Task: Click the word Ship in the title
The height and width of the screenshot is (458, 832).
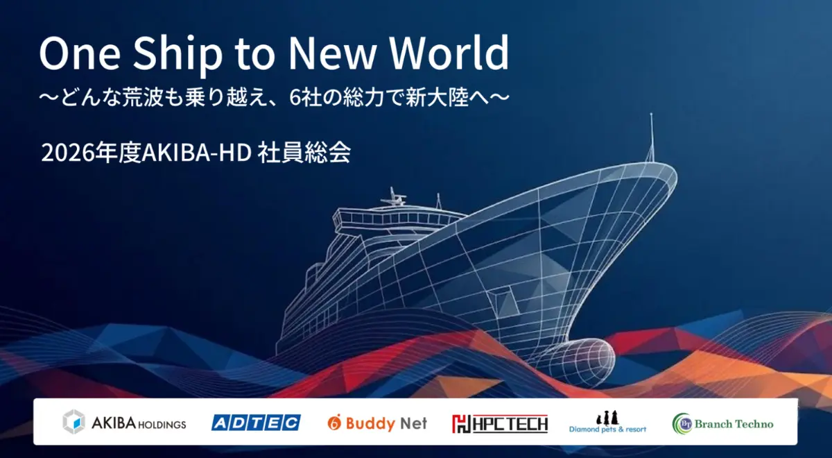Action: [x=177, y=54]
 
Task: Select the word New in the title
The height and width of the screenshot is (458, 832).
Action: [x=332, y=53]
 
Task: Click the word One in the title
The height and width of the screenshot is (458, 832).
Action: [x=80, y=53]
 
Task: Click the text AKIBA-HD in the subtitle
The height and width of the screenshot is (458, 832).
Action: [x=196, y=153]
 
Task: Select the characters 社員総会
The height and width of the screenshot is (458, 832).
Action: [x=304, y=152]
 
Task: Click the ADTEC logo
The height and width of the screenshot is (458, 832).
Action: [x=256, y=423]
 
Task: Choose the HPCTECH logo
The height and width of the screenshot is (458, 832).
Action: [x=500, y=424]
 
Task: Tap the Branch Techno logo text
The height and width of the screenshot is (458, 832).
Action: [x=734, y=424]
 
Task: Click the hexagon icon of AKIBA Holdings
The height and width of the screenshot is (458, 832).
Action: [x=74, y=422]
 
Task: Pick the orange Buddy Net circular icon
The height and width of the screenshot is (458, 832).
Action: [x=334, y=423]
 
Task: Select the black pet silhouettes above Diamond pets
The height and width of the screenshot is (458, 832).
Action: [x=607, y=418]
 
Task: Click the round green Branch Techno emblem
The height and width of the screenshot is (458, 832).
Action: [x=683, y=423]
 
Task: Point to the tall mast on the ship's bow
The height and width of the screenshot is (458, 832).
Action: [x=651, y=137]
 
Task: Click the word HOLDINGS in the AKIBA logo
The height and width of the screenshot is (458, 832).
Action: [x=162, y=425]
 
